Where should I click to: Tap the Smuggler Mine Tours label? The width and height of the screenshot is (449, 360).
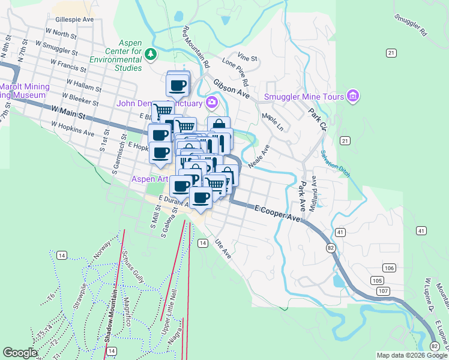(x=304, y=97)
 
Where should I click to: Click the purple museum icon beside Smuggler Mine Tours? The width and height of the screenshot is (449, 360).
(x=352, y=96)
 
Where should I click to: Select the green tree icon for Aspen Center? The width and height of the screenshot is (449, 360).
(x=151, y=55)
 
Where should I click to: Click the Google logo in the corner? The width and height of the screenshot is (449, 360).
(x=20, y=353)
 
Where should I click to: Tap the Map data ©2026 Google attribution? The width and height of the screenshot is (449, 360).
(x=411, y=355)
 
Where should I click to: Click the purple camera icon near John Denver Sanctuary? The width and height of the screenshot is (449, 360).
(x=211, y=103)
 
